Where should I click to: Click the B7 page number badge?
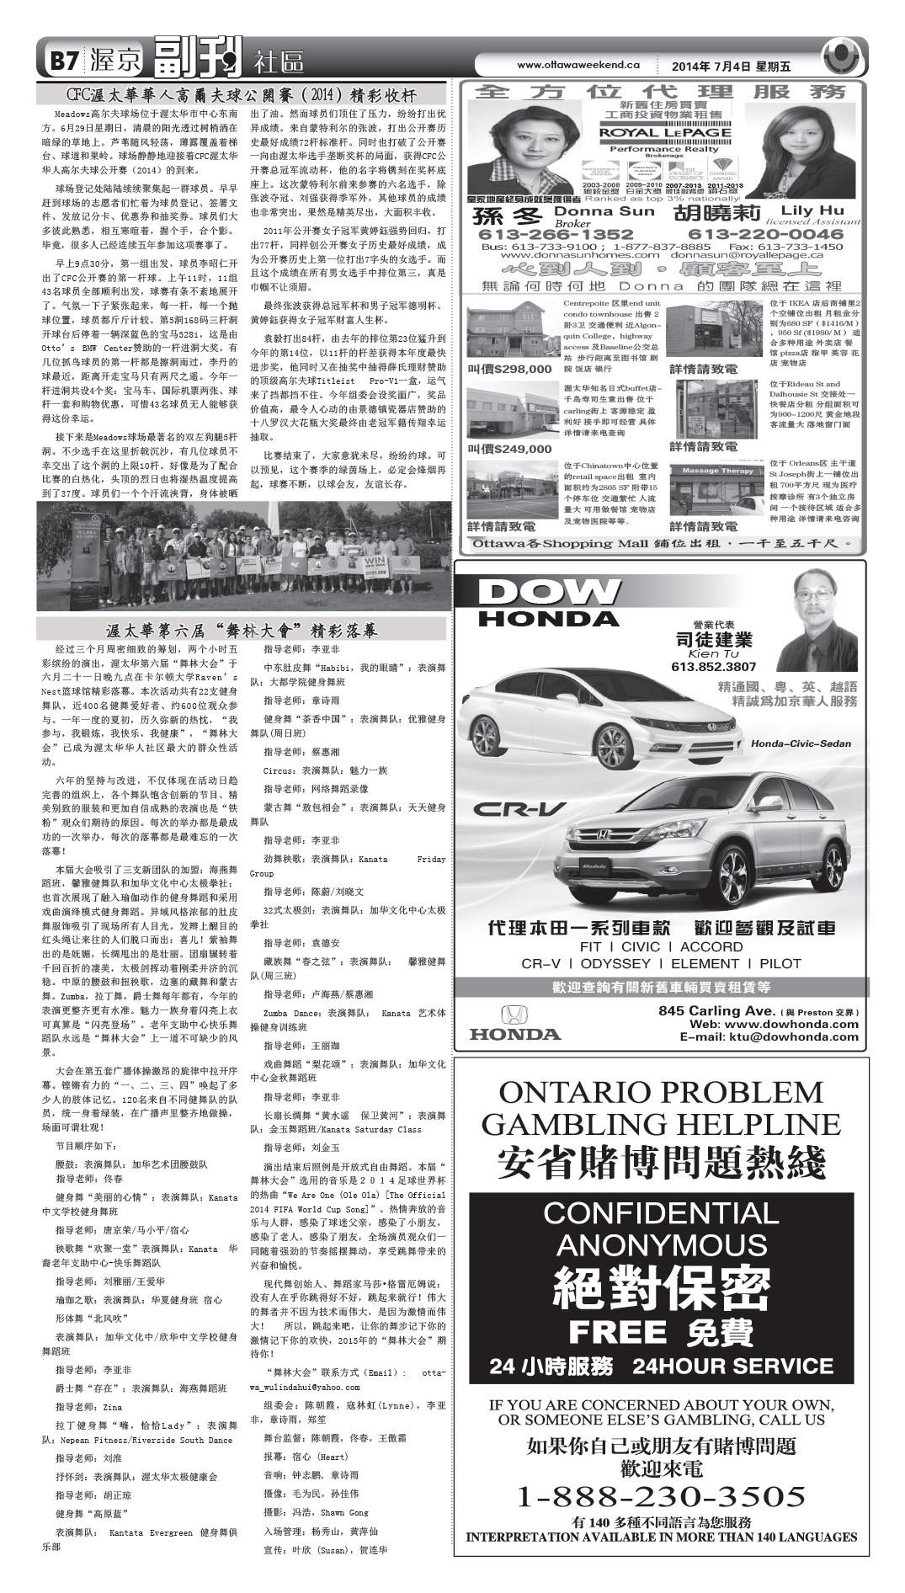pos(63,61)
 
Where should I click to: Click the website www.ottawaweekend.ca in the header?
pos(578,65)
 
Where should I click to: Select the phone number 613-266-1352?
pos(556,234)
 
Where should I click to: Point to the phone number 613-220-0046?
pos(765,234)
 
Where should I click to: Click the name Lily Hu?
pos(812,210)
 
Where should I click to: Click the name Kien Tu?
pos(713,653)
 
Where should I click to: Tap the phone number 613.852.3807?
pos(713,667)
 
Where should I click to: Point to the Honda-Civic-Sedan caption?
pos(801,743)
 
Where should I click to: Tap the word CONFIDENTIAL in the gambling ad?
pos(661,1213)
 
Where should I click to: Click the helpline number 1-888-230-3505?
pos(661,1495)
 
